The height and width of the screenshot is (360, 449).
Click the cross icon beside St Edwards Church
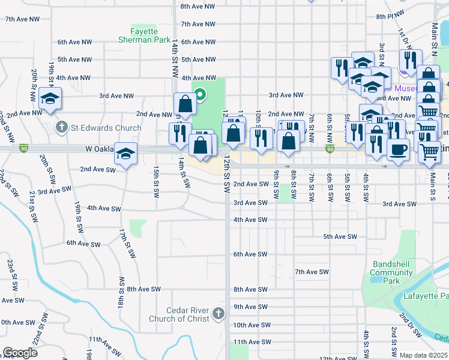click(61, 127)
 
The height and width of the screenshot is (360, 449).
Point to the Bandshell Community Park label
click(391, 272)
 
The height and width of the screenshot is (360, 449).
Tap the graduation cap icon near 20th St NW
click(50, 98)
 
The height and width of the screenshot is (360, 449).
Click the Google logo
click(20, 353)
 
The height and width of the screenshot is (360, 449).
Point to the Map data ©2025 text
click(423, 355)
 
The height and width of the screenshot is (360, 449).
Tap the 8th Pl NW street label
click(388, 16)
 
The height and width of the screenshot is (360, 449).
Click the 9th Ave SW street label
click(250, 307)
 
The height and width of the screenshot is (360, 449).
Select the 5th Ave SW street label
click(340, 237)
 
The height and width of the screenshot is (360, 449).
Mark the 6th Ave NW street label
click(74, 42)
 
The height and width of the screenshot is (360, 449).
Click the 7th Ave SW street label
click(312, 272)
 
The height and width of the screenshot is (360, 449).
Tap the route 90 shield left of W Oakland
click(24, 148)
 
